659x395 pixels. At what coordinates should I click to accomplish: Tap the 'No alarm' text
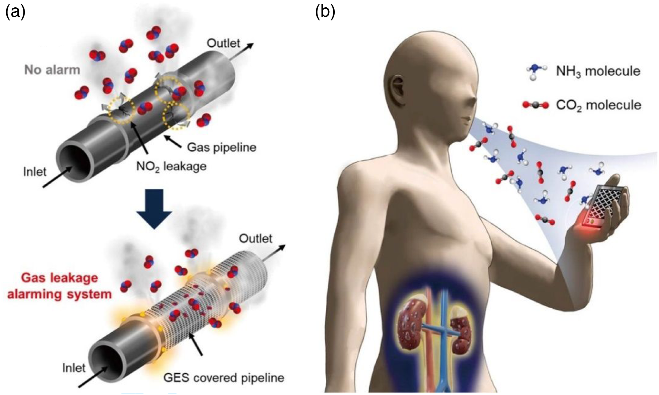pos(52,70)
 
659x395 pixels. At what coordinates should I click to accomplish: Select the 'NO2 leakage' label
pos(172,167)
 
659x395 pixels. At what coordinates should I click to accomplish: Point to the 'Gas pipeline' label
pos(222,147)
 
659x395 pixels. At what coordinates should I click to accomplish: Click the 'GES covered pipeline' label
pos(224,378)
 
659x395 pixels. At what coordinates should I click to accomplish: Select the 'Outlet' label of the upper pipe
pos(223,43)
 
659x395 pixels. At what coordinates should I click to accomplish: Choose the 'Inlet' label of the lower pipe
pos(74,368)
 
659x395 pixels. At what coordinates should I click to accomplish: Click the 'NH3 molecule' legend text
pos(598,71)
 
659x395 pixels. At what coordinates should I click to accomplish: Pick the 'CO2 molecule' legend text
pos(599,105)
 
